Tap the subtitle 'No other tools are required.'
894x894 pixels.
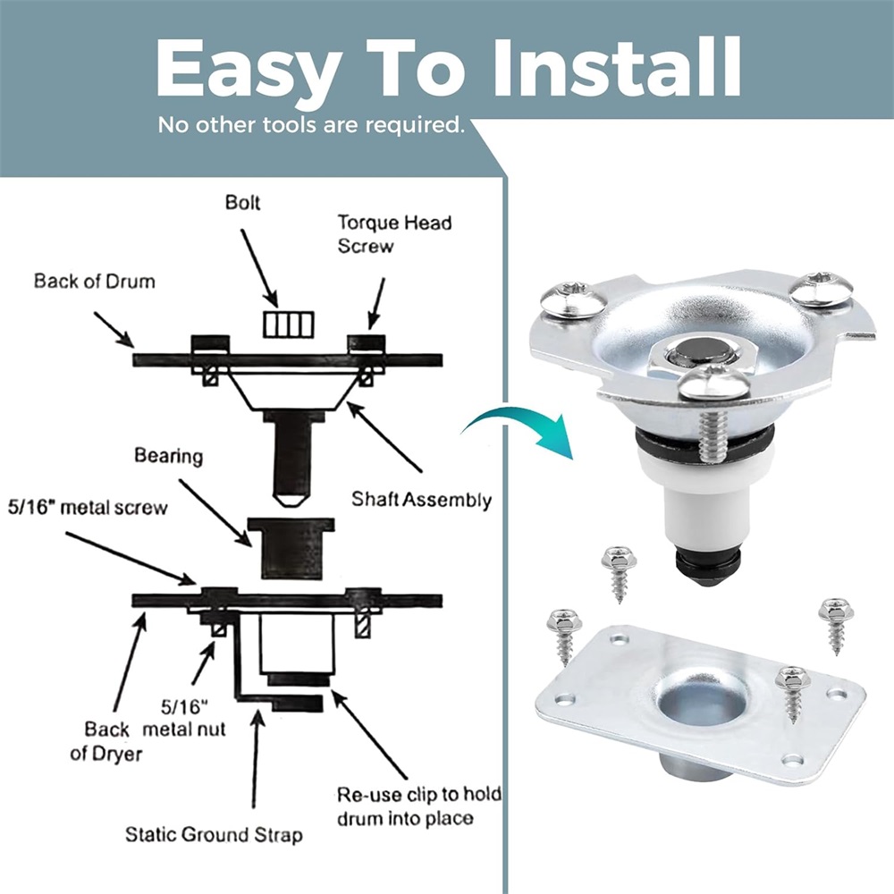(311, 125)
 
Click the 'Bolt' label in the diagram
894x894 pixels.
(243, 202)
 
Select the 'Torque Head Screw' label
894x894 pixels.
(394, 233)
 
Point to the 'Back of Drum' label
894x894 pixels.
(94, 281)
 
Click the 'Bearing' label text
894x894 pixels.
(169, 456)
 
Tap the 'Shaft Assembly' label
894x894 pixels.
(421, 500)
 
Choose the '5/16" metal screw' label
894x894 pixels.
(88, 508)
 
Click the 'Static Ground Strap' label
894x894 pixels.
(214, 835)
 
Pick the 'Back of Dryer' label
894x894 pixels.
(106, 741)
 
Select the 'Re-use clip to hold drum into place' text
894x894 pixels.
(419, 806)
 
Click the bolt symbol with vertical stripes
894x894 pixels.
(289, 325)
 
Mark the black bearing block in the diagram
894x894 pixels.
(291, 548)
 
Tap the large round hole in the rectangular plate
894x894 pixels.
(701, 700)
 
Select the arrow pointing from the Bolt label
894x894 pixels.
(259, 268)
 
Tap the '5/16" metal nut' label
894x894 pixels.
(183, 718)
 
